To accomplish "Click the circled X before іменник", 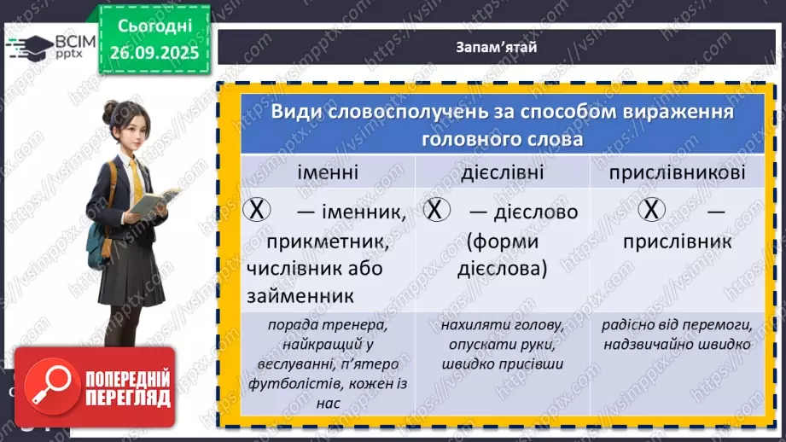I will (x=256, y=210).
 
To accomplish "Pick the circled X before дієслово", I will (x=436, y=210).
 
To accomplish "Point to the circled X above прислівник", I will (x=651, y=210).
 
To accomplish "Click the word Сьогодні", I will (x=153, y=28).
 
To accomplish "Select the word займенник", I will (x=291, y=296).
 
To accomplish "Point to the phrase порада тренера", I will (x=316, y=325).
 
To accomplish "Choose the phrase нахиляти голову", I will (x=503, y=325).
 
